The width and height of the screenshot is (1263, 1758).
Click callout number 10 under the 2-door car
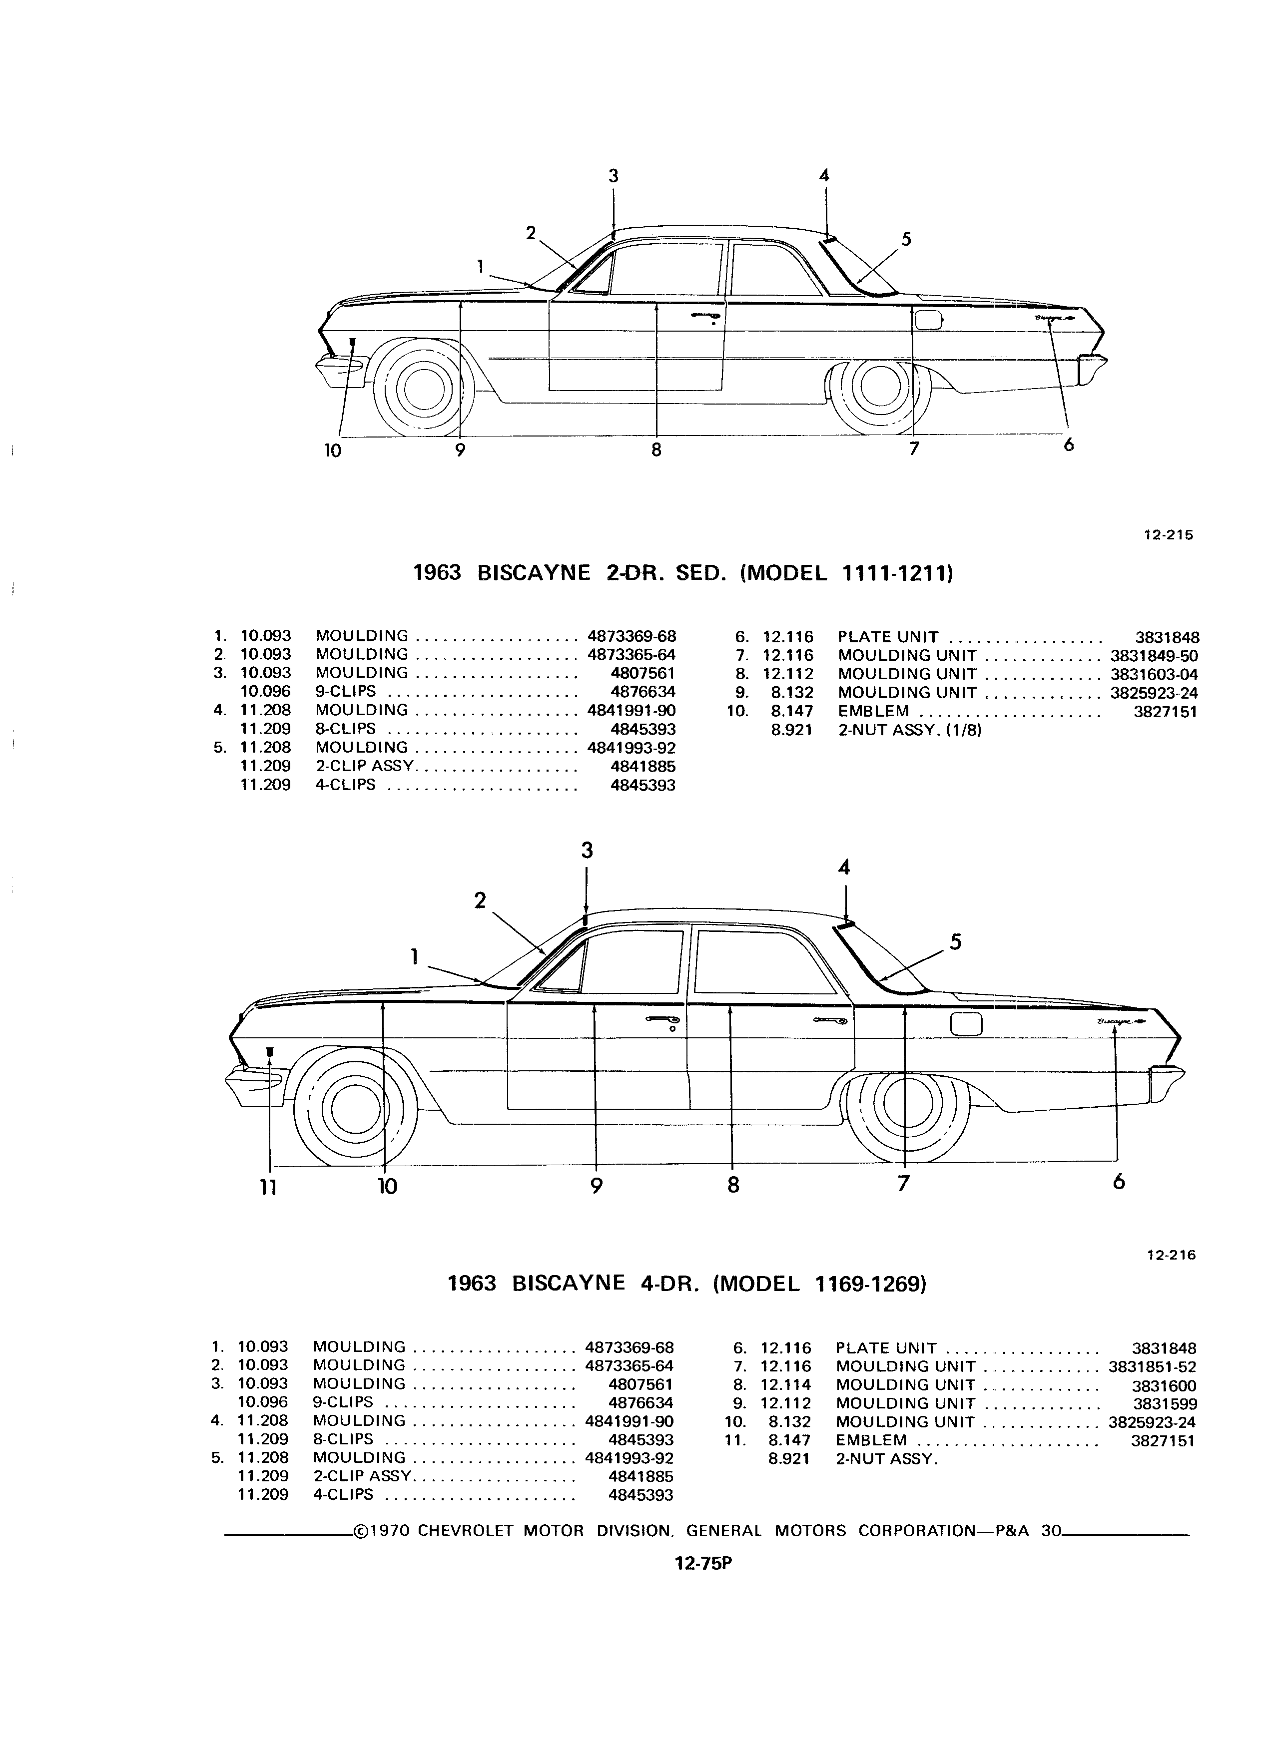pyautogui.click(x=333, y=450)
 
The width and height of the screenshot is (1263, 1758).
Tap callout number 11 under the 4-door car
pyautogui.click(x=268, y=1187)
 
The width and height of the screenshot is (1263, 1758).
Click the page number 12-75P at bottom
pyautogui.click(x=703, y=1563)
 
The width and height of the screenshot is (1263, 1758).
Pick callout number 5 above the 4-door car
pyautogui.click(x=956, y=942)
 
